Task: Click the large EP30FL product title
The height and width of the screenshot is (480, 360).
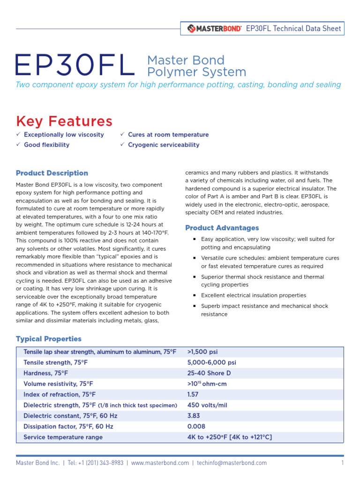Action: point(75,66)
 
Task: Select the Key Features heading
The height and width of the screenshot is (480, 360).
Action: point(64,121)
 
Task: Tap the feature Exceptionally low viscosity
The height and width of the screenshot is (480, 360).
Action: point(64,135)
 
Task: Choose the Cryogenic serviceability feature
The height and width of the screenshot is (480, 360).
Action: point(164,145)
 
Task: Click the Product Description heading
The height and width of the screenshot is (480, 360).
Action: point(52,173)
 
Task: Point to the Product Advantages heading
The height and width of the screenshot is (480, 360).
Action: point(222,228)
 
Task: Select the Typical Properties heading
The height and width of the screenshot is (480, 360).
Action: point(49,339)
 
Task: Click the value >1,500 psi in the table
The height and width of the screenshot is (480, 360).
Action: point(202,352)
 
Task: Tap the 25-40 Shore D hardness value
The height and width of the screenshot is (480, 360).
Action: point(209,373)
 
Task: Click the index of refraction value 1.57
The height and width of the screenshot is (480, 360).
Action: point(194,395)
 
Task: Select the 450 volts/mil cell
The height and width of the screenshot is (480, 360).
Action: point(207,405)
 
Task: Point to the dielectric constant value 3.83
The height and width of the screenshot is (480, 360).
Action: point(194,416)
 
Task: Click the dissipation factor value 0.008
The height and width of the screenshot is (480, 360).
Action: point(196,427)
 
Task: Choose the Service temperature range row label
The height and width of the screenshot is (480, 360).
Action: point(63,437)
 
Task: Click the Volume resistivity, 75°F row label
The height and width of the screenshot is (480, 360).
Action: point(58,384)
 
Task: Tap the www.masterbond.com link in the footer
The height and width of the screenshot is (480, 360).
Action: point(160,463)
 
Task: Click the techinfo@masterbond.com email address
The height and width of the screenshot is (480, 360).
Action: point(232,463)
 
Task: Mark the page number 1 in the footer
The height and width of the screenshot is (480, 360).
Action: point(343,463)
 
